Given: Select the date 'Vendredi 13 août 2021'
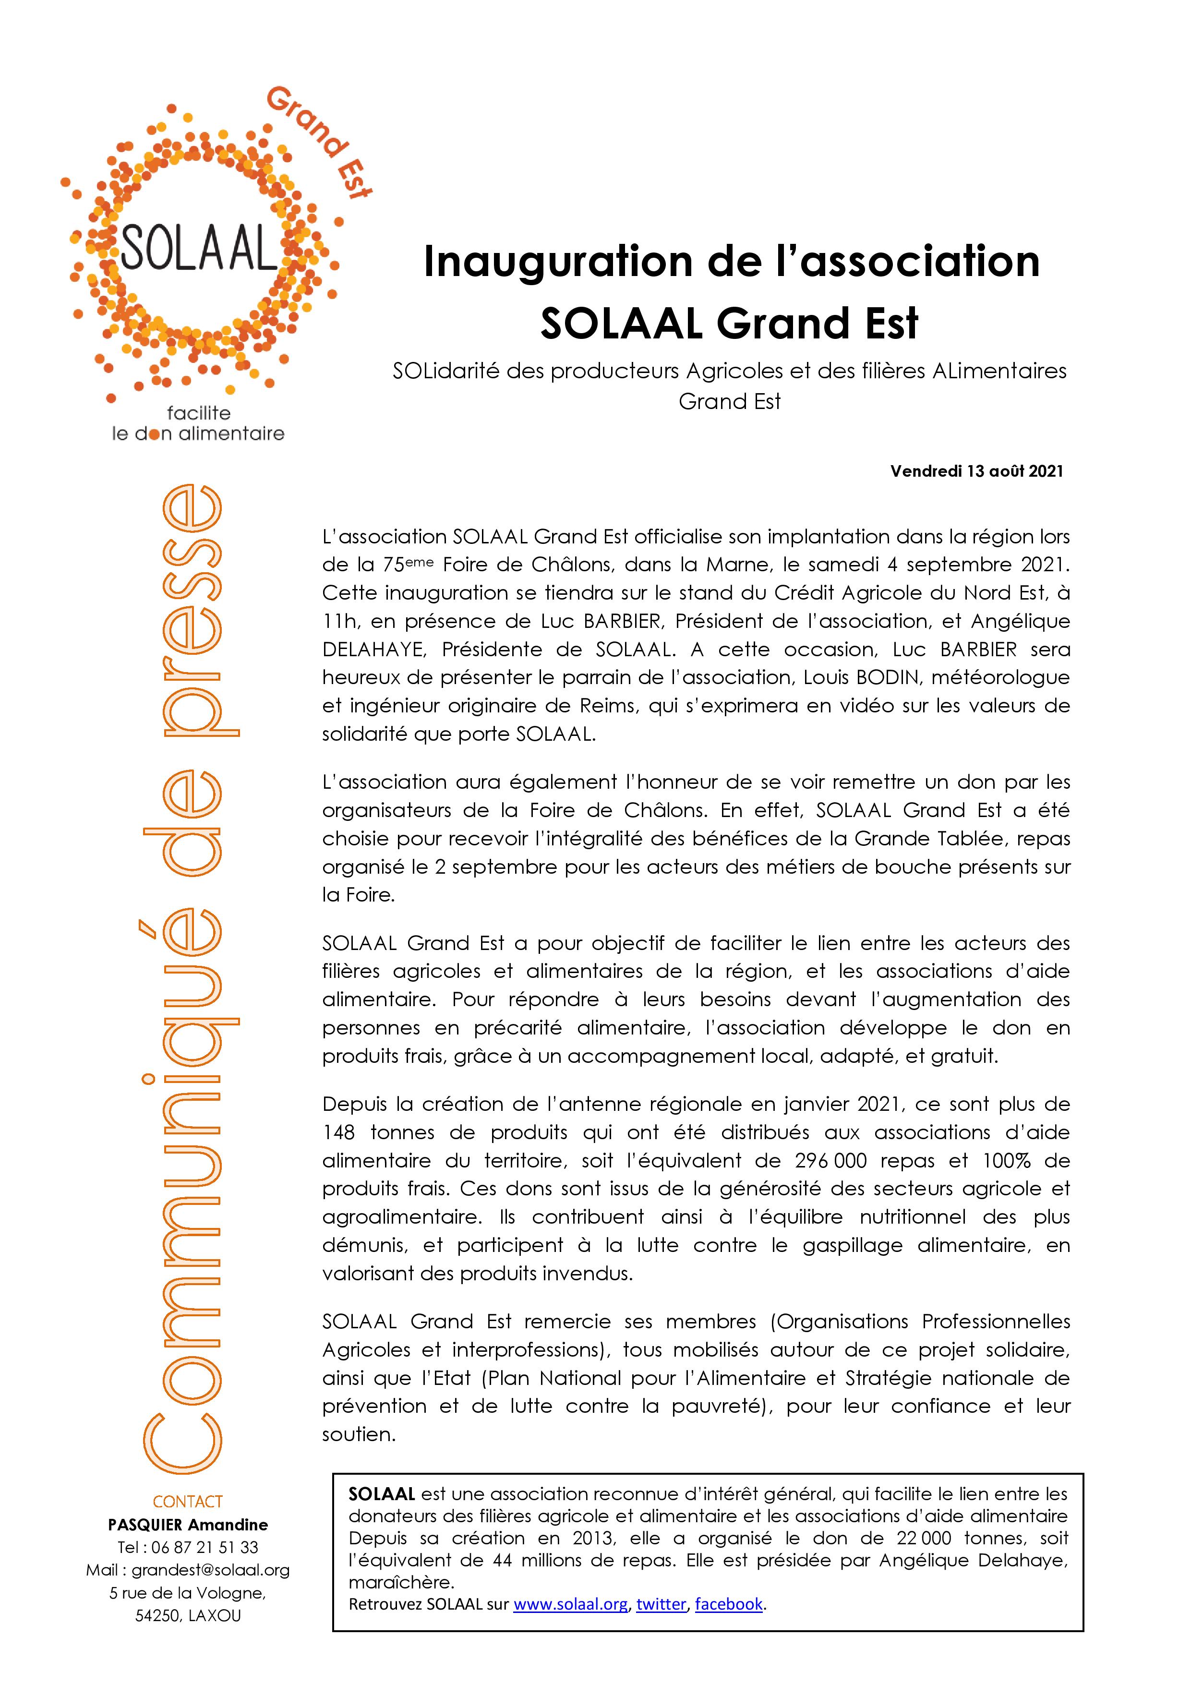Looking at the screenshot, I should (976, 471).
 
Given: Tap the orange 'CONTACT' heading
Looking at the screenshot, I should (188, 1502).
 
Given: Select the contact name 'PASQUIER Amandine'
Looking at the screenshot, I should (188, 1524).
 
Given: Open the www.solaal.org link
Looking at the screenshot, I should (570, 1624).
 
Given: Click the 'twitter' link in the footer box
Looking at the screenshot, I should (661, 1624).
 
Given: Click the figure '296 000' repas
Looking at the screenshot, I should (830, 1160).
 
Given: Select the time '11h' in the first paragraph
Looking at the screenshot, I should (339, 621).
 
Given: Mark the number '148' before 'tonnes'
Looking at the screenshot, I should (339, 1132).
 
